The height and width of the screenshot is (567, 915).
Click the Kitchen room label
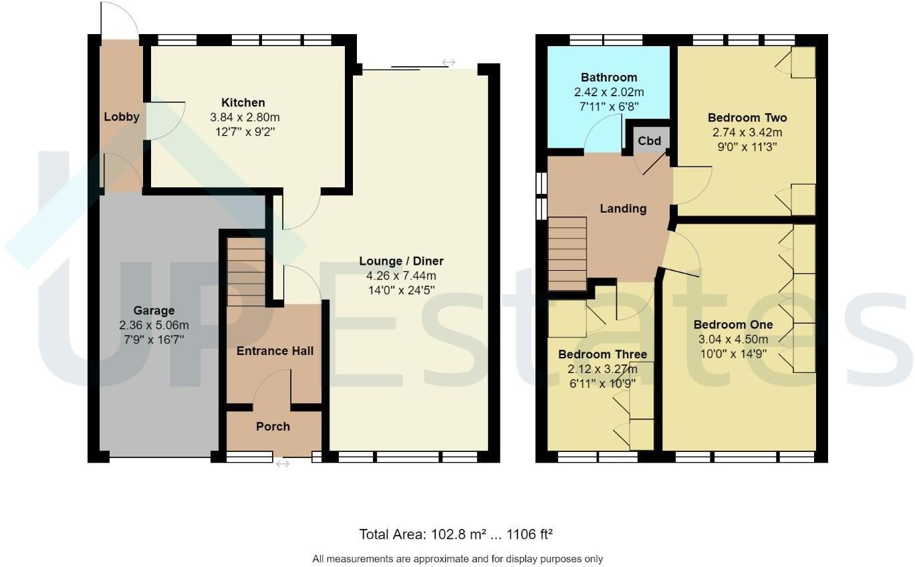coord(243,102)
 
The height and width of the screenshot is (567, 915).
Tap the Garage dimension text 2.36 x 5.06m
coord(154,326)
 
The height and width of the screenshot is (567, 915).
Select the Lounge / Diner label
coord(401,261)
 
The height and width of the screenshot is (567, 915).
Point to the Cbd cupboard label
coord(649,141)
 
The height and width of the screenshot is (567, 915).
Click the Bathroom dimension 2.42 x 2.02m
coord(608,92)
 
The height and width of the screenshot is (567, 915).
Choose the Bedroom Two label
coord(747,118)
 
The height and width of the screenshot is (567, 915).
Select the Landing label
coord(623,209)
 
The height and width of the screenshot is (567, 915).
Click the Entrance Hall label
coord(275,351)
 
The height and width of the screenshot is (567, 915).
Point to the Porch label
coord(273,427)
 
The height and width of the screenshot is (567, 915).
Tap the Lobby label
coord(122,117)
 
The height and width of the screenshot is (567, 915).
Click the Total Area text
coord(456,534)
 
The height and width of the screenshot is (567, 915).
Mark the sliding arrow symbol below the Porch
coord(283,463)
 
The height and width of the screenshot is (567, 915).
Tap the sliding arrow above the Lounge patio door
coord(448,62)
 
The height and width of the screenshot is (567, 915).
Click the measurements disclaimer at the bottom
coord(457,558)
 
